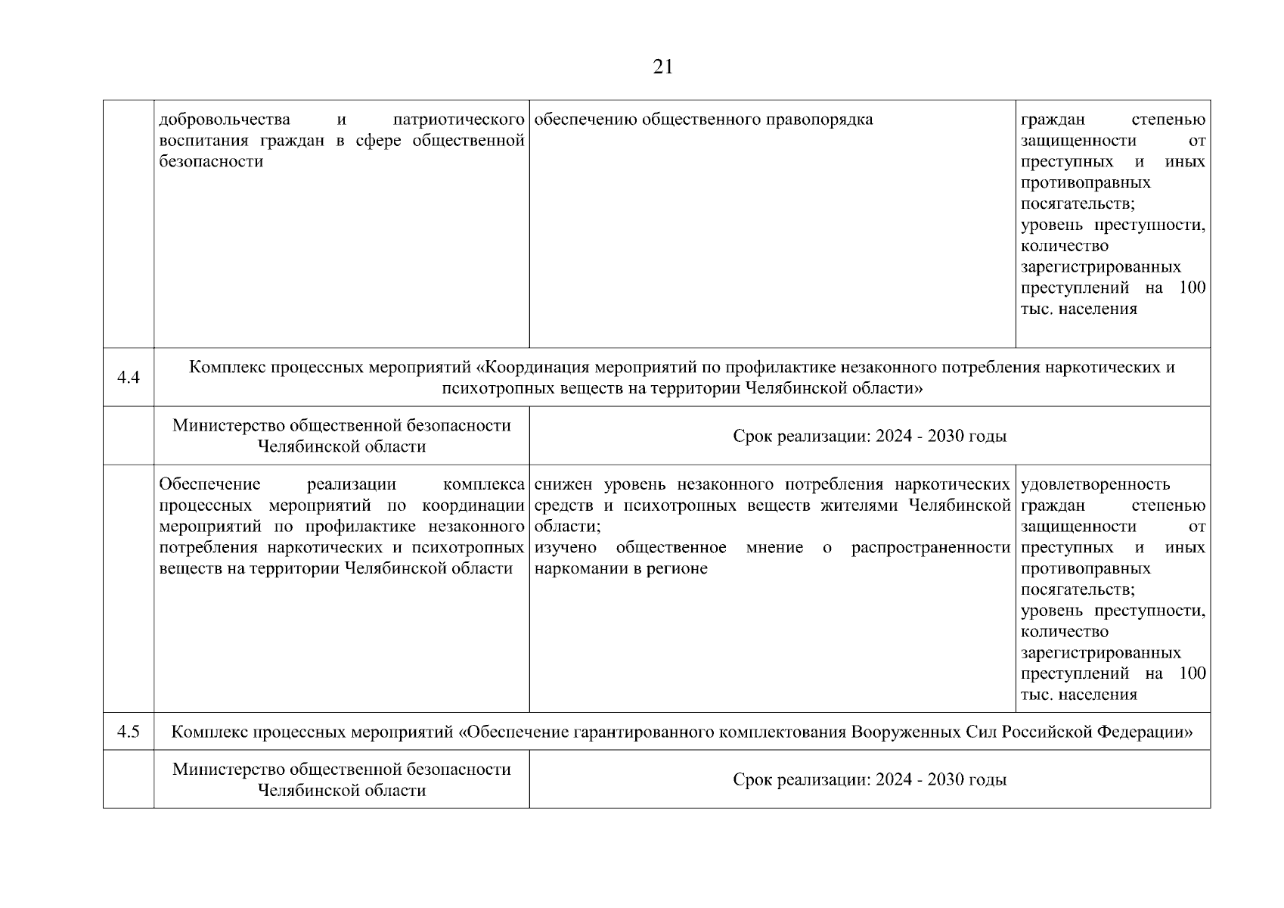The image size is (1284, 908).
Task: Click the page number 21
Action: point(662,67)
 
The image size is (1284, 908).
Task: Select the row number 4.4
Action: point(129,378)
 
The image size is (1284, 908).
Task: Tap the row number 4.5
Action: point(129,732)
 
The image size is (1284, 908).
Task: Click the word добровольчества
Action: point(225,120)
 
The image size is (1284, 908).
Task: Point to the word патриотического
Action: point(459,120)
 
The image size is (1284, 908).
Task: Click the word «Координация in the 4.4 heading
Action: point(534,368)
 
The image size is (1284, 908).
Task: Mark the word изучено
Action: point(565,547)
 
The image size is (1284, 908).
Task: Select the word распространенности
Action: point(931,547)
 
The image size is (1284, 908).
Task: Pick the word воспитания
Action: point(205,141)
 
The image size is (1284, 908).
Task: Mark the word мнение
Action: point(774,547)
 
